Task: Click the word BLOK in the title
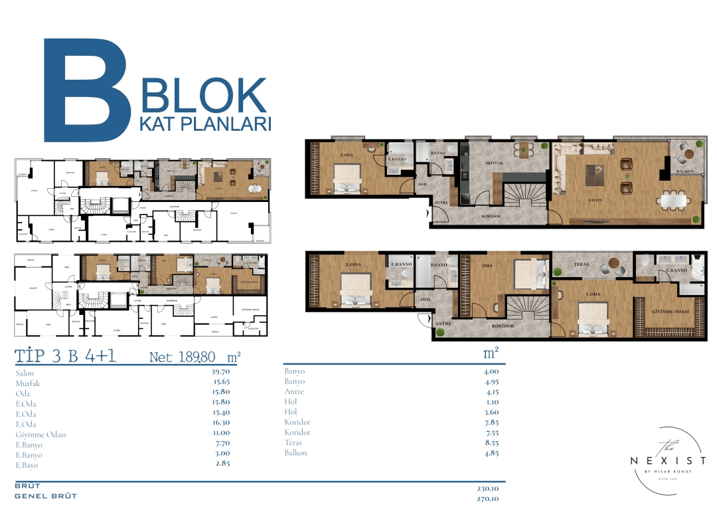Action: (204, 96)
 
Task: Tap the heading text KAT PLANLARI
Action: (206, 124)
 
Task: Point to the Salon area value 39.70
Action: (220, 373)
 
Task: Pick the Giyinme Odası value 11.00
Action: (220, 435)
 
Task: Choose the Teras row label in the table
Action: (293, 443)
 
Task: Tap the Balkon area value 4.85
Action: (491, 453)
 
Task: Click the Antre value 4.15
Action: (491, 391)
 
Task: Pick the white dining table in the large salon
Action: (675, 199)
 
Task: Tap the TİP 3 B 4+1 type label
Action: (66, 356)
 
